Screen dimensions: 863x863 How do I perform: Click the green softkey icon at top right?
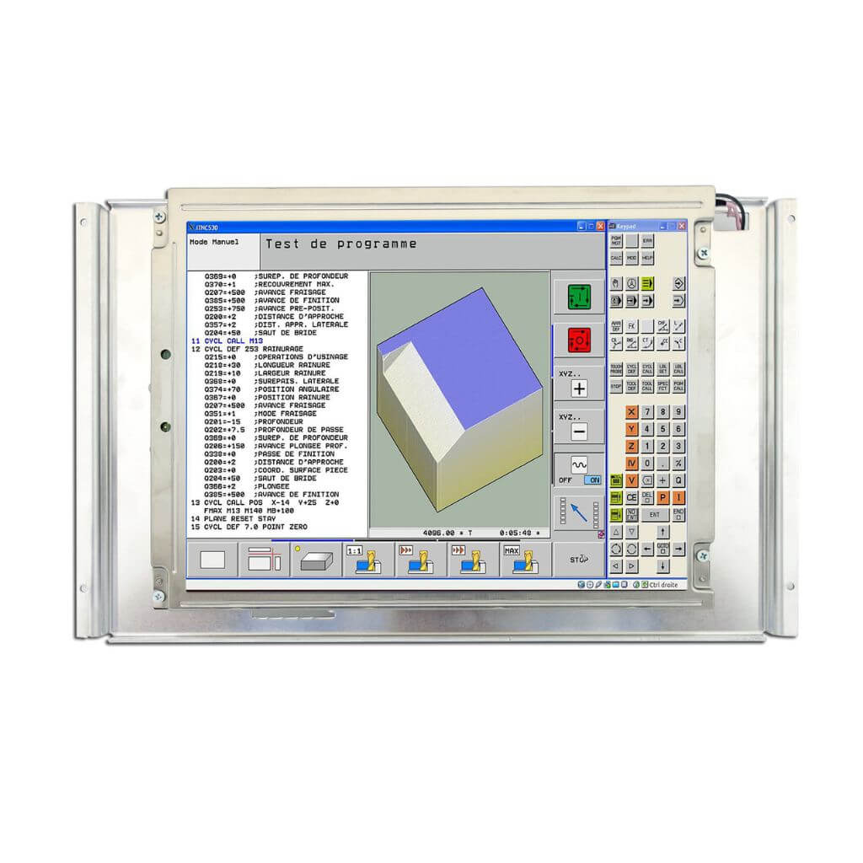click(x=579, y=297)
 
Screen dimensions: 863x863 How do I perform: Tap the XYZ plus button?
click(x=579, y=389)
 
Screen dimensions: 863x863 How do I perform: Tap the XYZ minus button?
click(x=579, y=431)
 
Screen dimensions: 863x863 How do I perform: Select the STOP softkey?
click(x=578, y=560)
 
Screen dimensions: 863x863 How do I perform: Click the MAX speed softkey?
click(x=524, y=560)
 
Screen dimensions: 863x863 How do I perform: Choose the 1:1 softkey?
click(x=367, y=560)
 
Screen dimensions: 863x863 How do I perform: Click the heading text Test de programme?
click(x=340, y=244)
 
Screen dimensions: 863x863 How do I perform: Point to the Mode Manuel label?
click(x=214, y=242)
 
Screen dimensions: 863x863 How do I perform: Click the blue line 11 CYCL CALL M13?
click(x=228, y=340)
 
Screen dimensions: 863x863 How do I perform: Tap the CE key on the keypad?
click(x=631, y=498)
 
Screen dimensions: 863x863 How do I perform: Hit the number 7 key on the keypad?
click(x=647, y=412)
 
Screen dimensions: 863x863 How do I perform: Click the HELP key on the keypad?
click(x=647, y=258)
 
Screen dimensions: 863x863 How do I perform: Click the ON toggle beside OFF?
click(x=593, y=480)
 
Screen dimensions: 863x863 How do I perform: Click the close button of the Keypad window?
click(x=682, y=227)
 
